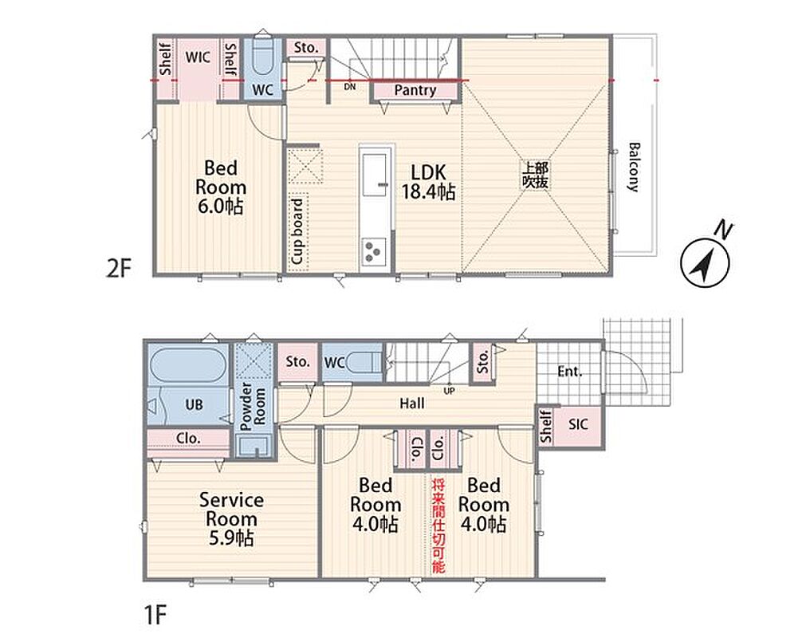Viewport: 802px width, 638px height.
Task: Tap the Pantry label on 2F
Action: coord(415,91)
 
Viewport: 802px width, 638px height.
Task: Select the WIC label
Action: coord(198,57)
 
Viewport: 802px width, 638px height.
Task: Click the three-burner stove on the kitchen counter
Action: coord(375,250)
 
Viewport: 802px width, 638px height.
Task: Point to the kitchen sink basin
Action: coord(376,175)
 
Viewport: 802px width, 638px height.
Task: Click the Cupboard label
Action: coord(297,231)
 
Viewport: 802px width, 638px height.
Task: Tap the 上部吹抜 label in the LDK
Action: coord(535,175)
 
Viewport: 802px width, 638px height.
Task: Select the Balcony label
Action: coord(633,167)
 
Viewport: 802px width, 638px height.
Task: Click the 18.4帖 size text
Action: coord(428,192)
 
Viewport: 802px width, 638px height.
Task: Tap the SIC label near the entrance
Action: coord(578,424)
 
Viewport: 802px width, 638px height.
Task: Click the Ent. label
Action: coord(570,372)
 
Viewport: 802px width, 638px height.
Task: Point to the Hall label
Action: coord(411,404)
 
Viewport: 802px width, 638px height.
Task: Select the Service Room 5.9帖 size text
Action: coord(231,538)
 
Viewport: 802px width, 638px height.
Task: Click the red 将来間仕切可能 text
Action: coord(438,526)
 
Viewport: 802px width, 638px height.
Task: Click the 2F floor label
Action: coord(118,268)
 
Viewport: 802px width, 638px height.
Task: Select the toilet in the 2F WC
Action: coord(264,57)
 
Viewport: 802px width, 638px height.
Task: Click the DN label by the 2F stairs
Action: coord(350,87)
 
